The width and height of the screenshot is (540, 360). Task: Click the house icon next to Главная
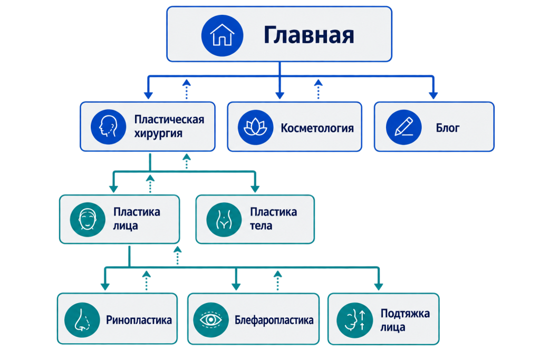222,35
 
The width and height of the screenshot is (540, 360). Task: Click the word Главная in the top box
309,35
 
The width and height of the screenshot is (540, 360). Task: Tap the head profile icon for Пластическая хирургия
108,127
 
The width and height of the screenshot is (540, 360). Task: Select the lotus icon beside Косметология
255,128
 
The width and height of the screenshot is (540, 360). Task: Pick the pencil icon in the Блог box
403,128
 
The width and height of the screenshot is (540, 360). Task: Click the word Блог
448,128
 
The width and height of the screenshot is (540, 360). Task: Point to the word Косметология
317,128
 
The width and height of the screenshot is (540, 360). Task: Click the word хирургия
158,133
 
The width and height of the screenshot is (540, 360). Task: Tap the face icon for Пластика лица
88,220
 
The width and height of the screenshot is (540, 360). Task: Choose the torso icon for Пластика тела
224,220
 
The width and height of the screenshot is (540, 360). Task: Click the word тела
261,226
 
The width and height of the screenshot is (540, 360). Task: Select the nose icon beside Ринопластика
82,320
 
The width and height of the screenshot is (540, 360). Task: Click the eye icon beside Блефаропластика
211,320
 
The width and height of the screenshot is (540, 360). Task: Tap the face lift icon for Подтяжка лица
354,320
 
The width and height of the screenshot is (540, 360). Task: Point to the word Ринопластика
139,320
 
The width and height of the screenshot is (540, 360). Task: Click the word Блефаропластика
274,320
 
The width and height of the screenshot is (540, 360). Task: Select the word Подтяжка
405,314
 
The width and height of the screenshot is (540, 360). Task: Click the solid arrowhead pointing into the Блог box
433,95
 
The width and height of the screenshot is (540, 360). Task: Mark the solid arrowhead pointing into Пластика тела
255,189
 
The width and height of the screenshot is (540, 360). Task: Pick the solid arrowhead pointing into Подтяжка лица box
379,287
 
